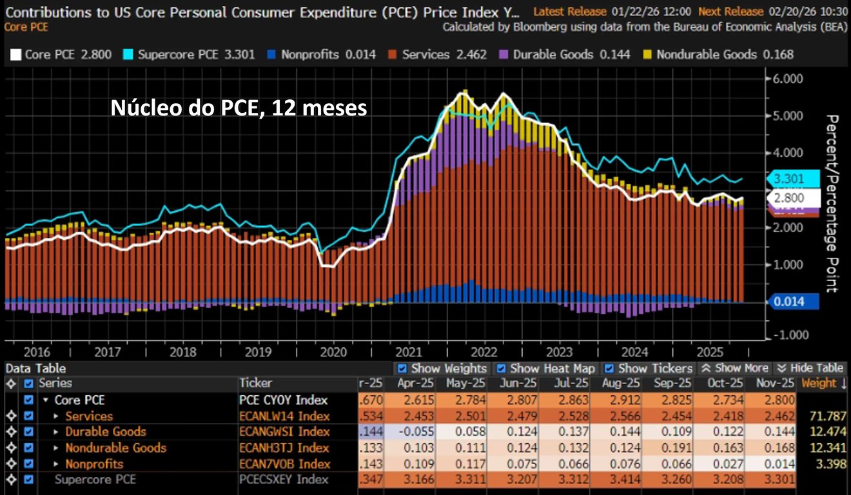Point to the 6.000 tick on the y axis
[x=785, y=79]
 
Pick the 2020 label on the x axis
[x=333, y=353]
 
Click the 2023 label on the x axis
[x=559, y=353]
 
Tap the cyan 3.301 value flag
[x=792, y=179]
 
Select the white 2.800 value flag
[x=792, y=198]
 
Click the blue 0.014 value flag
[x=792, y=301]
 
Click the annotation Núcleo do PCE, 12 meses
[x=239, y=108]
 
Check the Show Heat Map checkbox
[x=501, y=369]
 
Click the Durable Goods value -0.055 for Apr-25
[x=416, y=432]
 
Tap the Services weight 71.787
[x=826, y=416]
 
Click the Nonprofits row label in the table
[x=94, y=464]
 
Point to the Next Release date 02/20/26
[x=786, y=11]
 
